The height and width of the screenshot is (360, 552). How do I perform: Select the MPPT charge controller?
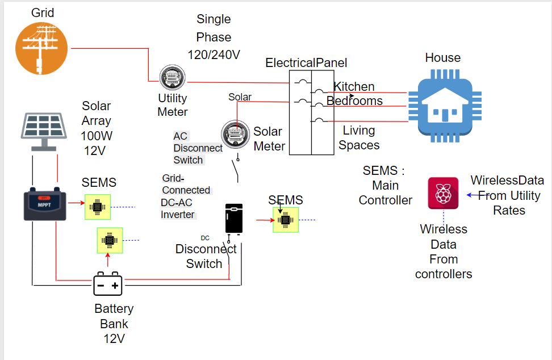pos(44,204)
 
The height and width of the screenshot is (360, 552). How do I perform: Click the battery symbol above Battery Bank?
pos(108,284)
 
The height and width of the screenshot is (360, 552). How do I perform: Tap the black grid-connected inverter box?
pos(233,218)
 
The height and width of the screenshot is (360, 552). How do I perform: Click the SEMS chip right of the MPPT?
pos(98,207)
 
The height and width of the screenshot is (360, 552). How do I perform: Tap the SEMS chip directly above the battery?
pos(110,240)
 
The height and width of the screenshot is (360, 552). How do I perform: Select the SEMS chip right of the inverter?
pos(286,219)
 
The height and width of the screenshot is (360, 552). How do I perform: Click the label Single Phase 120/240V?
pos(214,37)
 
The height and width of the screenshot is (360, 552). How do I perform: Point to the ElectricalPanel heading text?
pos(306,62)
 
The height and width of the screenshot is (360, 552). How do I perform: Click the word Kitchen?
pos(354,87)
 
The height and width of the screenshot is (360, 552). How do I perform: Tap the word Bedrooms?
pos(354,101)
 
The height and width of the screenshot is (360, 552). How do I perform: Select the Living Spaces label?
pos(359,137)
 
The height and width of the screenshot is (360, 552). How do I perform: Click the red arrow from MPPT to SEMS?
pos(75,202)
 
